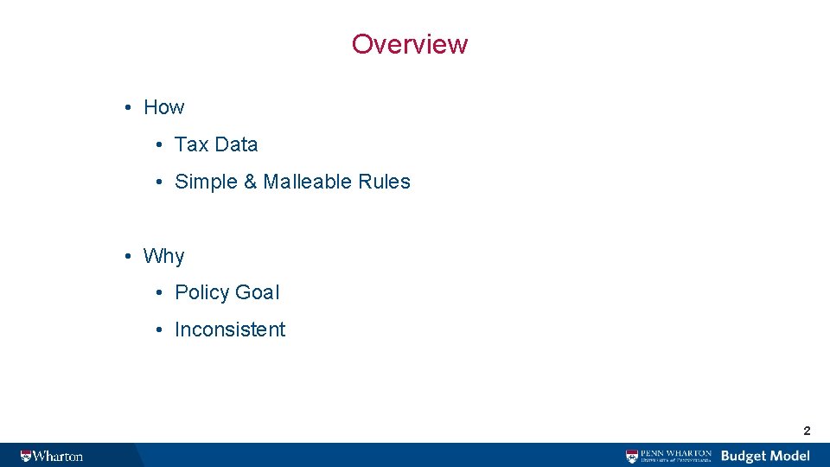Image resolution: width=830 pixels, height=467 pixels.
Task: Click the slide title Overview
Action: point(409,44)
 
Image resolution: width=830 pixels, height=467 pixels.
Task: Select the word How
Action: point(163,107)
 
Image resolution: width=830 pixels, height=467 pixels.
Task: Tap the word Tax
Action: point(191,144)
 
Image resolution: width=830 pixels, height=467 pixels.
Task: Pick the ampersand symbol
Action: point(251,182)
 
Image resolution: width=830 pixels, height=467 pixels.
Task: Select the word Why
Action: point(163,256)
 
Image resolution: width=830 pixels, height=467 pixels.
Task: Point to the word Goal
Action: point(258,292)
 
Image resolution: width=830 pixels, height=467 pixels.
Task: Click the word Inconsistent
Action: point(230,329)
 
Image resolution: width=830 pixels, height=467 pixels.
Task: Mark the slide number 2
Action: point(807,431)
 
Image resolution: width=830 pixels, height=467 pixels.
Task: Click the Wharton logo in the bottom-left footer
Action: point(52,456)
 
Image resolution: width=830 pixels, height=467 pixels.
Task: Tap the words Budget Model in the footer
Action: point(765,456)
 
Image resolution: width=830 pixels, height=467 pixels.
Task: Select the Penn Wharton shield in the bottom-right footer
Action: point(633,456)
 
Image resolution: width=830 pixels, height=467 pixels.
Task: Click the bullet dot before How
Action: point(126,107)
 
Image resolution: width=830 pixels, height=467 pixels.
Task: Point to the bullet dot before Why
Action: point(126,256)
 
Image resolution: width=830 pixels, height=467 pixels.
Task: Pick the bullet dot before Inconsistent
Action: point(161,329)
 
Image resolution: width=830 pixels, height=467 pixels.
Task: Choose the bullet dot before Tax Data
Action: point(161,144)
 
